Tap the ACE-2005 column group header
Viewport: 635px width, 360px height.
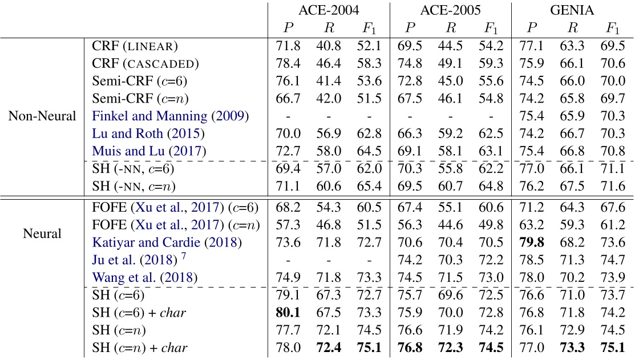pyautogui.click(x=450, y=10)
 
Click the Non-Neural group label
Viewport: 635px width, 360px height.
pyautogui.click(x=42, y=116)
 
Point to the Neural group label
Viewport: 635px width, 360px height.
pyautogui.click(x=42, y=233)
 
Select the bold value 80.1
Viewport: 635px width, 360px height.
pyautogui.click(x=289, y=313)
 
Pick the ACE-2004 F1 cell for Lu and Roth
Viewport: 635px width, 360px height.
pyautogui.click(x=369, y=134)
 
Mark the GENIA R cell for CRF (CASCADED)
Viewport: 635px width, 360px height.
pyautogui.click(x=573, y=63)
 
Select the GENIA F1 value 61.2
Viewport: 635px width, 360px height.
pyautogui.click(x=613, y=225)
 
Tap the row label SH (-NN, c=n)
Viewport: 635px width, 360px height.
pyautogui.click(x=133, y=187)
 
